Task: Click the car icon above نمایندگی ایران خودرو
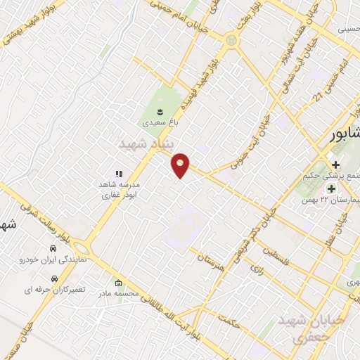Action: point(53,249)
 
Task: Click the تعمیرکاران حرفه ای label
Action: point(49,289)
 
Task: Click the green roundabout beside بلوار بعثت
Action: point(231,40)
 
